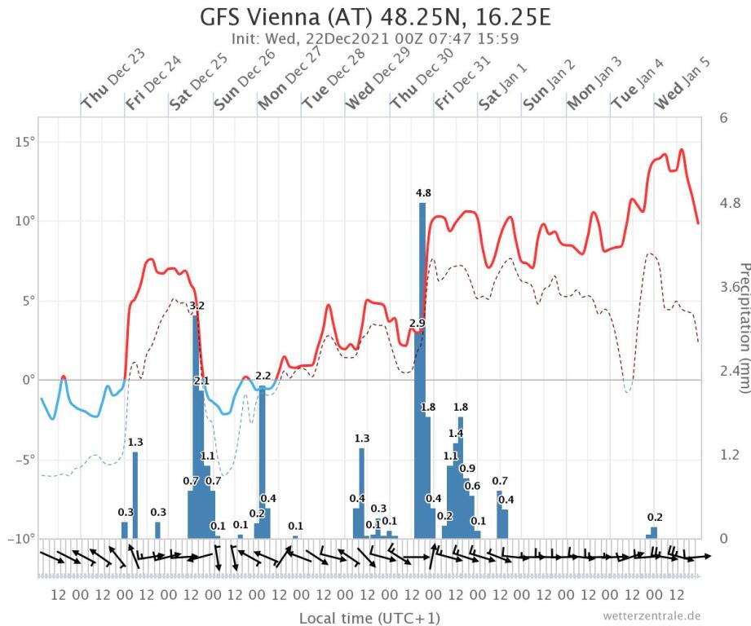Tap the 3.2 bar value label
click(x=197, y=306)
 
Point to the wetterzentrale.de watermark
click(x=652, y=615)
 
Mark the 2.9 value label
click(x=417, y=324)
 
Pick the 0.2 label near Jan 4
click(x=655, y=517)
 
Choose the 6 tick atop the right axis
click(x=722, y=118)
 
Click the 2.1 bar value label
click(x=201, y=381)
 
